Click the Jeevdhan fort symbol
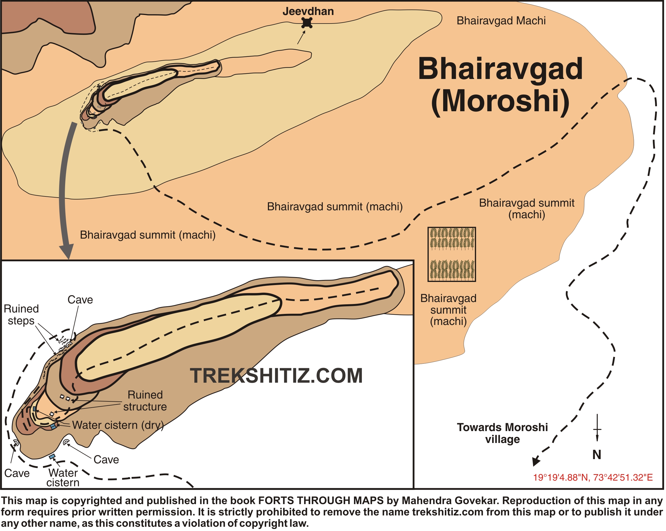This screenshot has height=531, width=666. [307, 23]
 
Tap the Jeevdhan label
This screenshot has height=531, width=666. [308, 11]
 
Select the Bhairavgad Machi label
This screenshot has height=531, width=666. [501, 21]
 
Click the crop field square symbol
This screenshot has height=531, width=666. [452, 254]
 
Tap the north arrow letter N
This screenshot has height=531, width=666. [597, 455]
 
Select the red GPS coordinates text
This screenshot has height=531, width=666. [593, 478]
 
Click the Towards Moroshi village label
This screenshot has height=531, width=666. [502, 433]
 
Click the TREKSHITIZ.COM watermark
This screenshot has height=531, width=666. [276, 376]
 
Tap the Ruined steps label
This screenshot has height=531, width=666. [21, 314]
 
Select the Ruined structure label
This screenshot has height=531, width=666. [145, 401]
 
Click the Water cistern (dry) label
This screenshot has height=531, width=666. [118, 425]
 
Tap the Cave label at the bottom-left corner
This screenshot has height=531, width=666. [17, 473]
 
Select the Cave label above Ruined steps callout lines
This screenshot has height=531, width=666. [80, 300]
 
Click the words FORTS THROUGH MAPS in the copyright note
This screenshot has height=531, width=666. [321, 500]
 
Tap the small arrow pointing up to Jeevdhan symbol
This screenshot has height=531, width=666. [301, 37]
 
